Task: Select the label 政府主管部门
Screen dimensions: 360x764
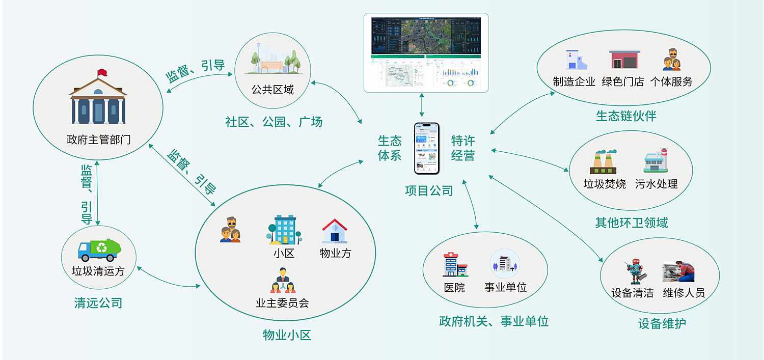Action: [98, 140]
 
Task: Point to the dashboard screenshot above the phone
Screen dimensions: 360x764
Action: [426, 52]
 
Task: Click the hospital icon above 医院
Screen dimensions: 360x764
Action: [454, 264]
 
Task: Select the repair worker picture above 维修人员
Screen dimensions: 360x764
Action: [678, 272]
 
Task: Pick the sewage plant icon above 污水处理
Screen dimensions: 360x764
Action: [656, 162]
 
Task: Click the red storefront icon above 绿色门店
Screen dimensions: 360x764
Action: [624, 60]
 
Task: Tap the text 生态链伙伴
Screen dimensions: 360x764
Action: [626, 116]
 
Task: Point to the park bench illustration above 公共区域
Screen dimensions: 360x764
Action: [272, 61]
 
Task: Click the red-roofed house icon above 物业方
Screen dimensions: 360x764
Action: [335, 231]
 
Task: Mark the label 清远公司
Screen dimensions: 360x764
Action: [98, 303]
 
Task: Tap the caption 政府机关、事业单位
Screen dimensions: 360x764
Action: [494, 321]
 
